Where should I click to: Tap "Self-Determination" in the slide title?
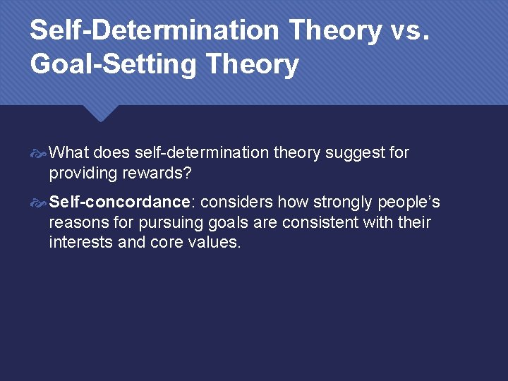pyautogui.click(x=155, y=30)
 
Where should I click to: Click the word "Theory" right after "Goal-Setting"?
pyautogui.click(x=252, y=64)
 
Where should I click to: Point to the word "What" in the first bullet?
pyautogui.click(x=69, y=152)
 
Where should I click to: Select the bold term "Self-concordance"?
pyautogui.click(x=120, y=202)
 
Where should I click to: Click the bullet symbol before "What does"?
pyautogui.click(x=40, y=153)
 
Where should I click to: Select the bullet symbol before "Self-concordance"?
pyautogui.click(x=40, y=203)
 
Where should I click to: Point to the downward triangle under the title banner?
pyautogui.click(x=100, y=113)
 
